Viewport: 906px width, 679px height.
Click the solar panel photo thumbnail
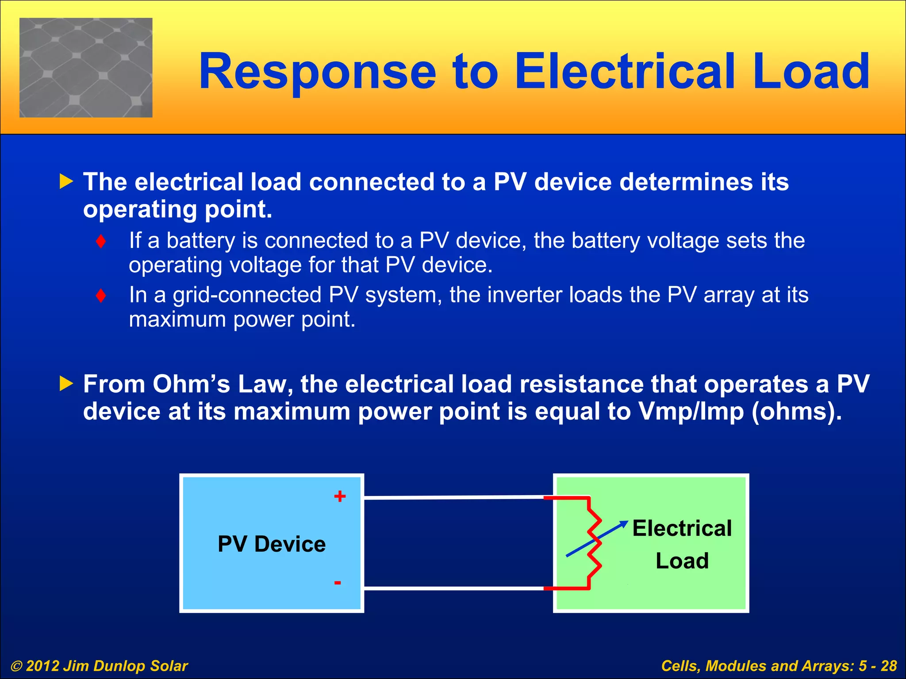pos(86,68)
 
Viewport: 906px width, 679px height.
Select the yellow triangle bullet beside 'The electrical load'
pos(66,181)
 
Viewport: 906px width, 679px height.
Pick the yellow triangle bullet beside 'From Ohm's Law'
pos(66,383)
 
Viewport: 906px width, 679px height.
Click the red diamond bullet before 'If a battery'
pos(101,241)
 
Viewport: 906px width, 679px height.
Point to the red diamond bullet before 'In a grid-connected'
pos(101,295)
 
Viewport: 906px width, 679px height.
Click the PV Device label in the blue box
pos(272,544)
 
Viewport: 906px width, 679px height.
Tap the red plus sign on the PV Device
pos(340,496)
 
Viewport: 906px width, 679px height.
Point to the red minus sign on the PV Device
pos(338,583)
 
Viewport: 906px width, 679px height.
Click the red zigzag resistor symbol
pos(594,543)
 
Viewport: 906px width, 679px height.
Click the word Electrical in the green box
pos(682,528)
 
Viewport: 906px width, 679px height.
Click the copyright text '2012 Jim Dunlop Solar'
pos(107,666)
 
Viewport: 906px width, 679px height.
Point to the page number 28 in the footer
pos(888,666)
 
